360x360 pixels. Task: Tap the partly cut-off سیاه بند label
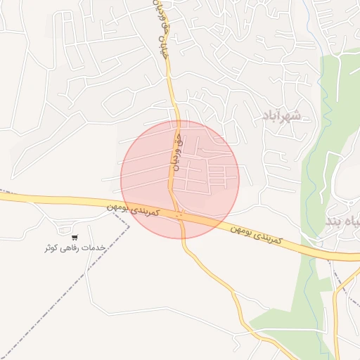[x=343, y=221]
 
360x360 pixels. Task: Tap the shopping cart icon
[x=75, y=237]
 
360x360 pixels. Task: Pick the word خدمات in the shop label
[x=94, y=248]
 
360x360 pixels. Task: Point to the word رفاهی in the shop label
[x=71, y=248]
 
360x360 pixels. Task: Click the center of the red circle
[x=180, y=179]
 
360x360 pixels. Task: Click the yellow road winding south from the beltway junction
[x=225, y=281]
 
